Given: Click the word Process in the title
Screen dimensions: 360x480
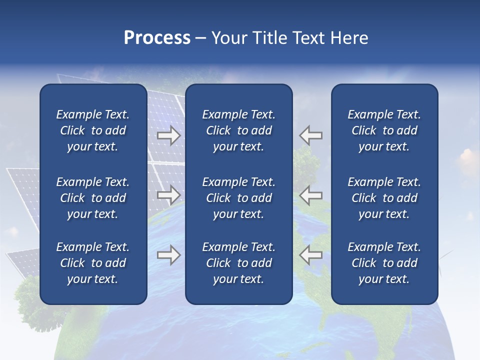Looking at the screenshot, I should pos(157,38).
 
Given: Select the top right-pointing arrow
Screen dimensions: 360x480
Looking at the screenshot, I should pos(168,135).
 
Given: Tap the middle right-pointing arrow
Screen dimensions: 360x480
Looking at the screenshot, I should pos(168,194).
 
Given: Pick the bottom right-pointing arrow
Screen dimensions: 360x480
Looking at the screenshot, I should pos(168,255).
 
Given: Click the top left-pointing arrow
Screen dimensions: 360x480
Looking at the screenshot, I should pos(311,135).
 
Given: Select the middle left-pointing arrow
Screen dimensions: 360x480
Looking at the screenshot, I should pos(311,194).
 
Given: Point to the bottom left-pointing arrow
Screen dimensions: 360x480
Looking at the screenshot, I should pos(311,255).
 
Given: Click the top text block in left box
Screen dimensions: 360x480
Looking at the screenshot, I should pos(93,130).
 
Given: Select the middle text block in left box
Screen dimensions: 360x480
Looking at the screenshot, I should pos(93,198).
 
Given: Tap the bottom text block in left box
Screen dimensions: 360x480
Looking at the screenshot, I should pos(93,263).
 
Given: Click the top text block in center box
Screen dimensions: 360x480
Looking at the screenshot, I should pos(238,130).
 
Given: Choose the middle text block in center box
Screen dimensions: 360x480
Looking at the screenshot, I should pos(238,198).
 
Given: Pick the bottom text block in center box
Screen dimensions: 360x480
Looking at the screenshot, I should pos(238,263).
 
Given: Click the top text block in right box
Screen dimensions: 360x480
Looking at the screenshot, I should pos(384,130).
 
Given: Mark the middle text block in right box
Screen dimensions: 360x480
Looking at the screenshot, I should pos(384,198).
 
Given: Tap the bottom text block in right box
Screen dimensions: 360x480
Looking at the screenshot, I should pos(384,263).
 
